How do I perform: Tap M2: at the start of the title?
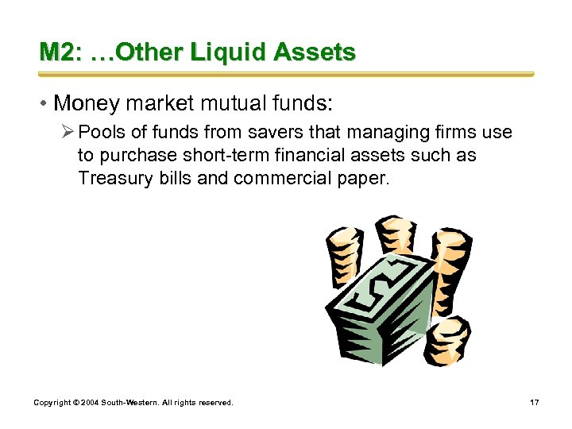pyautogui.click(x=60, y=53)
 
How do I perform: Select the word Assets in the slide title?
pyautogui.click(x=315, y=53)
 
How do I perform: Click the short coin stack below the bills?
pyautogui.click(x=446, y=339)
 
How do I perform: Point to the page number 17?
pyautogui.click(x=535, y=403)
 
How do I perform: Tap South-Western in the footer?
pyautogui.click(x=126, y=403)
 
